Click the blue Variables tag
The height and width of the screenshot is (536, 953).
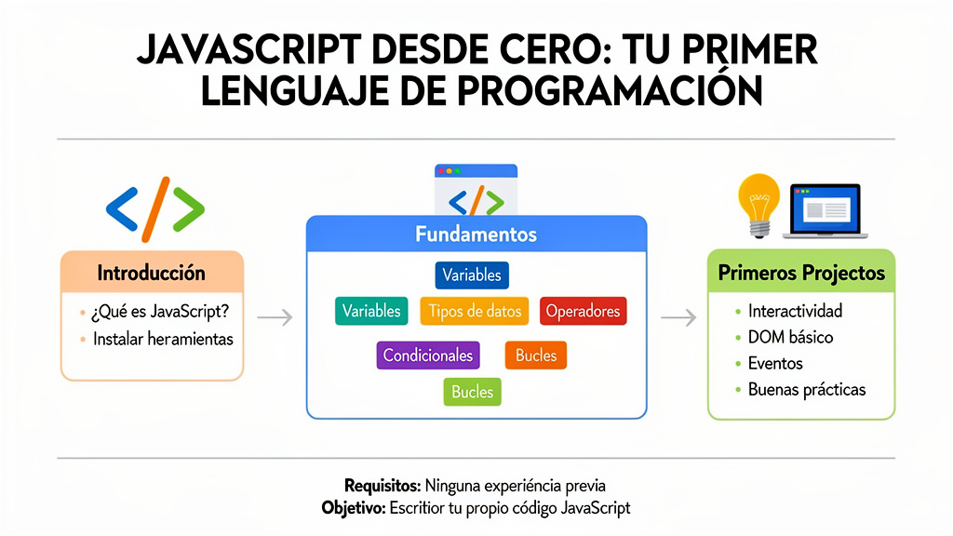pyautogui.click(x=472, y=275)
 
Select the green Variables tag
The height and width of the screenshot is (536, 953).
pyautogui.click(x=371, y=311)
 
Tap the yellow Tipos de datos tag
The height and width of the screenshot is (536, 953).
pyautogui.click(x=475, y=311)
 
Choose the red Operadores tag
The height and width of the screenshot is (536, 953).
pyautogui.click(x=583, y=311)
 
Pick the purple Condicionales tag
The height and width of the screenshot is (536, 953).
pyautogui.click(x=428, y=355)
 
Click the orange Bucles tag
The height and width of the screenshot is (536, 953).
pyautogui.click(x=535, y=355)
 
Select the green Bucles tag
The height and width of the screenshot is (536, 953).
pyautogui.click(x=472, y=392)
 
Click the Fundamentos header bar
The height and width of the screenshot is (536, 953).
pyautogui.click(x=476, y=234)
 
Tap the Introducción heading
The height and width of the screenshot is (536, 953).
pyautogui.click(x=151, y=274)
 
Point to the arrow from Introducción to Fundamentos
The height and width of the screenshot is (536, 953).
pyautogui.click(x=275, y=318)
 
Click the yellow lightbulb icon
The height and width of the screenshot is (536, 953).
pyautogui.click(x=758, y=203)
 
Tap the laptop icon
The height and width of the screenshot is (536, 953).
pyautogui.click(x=825, y=210)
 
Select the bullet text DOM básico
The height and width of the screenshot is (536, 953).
pyautogui.click(x=790, y=337)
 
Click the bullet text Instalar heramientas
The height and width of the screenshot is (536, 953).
pyautogui.click(x=163, y=339)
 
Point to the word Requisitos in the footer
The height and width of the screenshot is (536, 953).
pyautogui.click(x=383, y=486)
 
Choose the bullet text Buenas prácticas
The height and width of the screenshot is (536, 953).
pyautogui.click(x=806, y=389)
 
